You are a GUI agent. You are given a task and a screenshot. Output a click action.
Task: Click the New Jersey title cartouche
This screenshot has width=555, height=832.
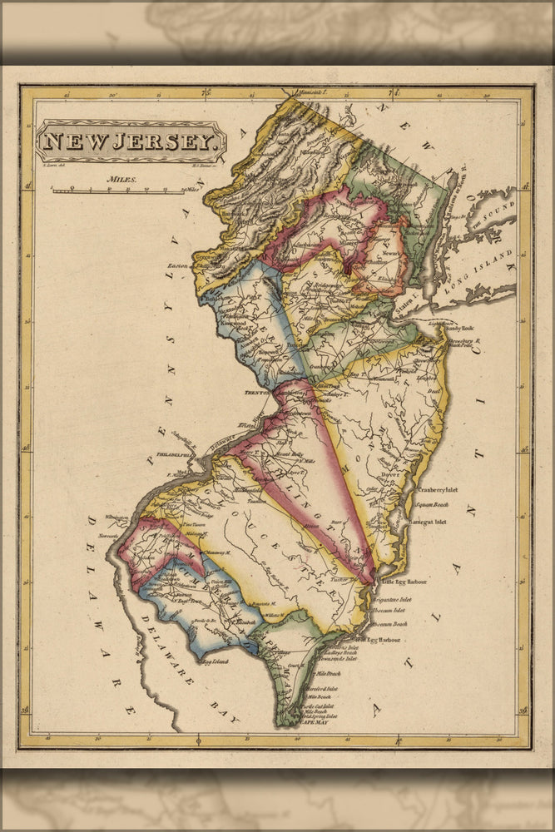(130, 141)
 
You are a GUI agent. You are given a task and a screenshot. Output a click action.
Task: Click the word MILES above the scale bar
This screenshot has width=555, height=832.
(122, 179)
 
